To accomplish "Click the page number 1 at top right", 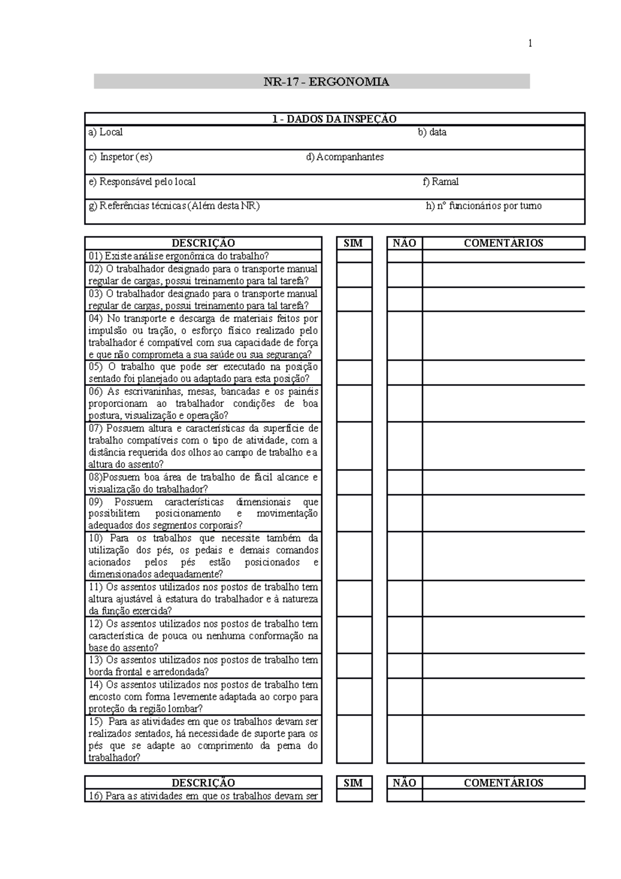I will click(x=530, y=43).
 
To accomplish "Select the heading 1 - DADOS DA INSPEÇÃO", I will click(x=334, y=119).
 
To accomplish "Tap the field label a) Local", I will click(x=106, y=133).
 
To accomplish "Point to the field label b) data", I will click(x=432, y=133).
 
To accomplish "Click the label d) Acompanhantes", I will click(x=345, y=157).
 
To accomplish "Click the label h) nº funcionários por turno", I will click(x=483, y=206).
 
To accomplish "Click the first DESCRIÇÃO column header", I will click(x=203, y=243).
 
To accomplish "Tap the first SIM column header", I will click(x=353, y=243).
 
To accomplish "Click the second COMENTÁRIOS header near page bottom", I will click(x=503, y=783).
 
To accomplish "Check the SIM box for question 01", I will click(x=354, y=256).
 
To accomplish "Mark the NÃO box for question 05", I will click(x=404, y=373).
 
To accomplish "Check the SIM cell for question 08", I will click(x=354, y=482).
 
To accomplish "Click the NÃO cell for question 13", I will click(x=404, y=666).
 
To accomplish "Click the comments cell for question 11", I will click(x=503, y=598).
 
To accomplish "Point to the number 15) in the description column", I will click(x=95, y=722).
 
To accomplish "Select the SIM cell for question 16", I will click(x=354, y=796).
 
